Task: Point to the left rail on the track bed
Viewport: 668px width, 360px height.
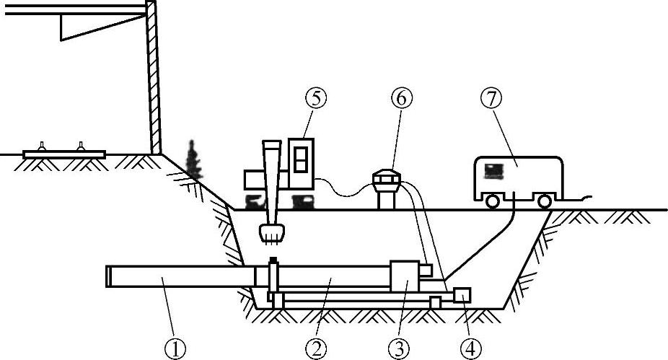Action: tap(44, 146)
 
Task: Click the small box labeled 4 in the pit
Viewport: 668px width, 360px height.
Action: tap(462, 295)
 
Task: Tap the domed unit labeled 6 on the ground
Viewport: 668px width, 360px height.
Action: tap(388, 179)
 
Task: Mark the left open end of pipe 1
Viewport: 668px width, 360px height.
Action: tap(109, 277)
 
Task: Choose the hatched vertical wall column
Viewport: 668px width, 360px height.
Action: tap(152, 79)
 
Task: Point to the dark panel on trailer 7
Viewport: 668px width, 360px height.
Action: tap(494, 170)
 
